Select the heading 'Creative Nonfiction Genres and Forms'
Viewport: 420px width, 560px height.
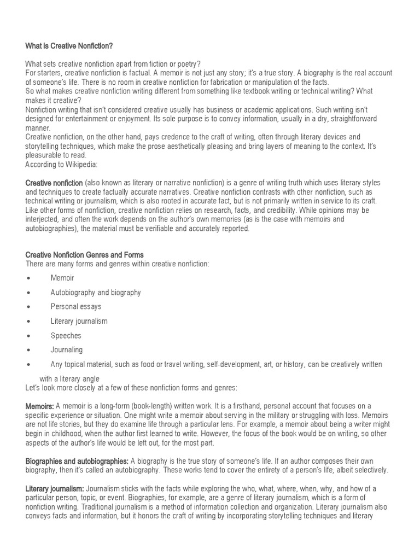[84, 254]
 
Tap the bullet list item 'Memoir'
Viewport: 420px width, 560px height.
[62, 278]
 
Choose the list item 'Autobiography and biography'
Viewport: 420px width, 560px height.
[96, 293]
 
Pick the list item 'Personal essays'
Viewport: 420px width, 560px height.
[76, 307]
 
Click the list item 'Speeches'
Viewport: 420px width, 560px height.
[66, 335]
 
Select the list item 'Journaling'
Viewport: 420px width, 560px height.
[67, 349]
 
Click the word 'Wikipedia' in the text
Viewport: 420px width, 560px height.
[80, 164]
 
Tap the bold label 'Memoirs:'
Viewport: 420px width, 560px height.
[39, 406]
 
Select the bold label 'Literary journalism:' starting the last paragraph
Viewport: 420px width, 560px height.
[55, 488]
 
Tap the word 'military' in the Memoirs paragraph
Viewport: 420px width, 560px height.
[271, 415]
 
